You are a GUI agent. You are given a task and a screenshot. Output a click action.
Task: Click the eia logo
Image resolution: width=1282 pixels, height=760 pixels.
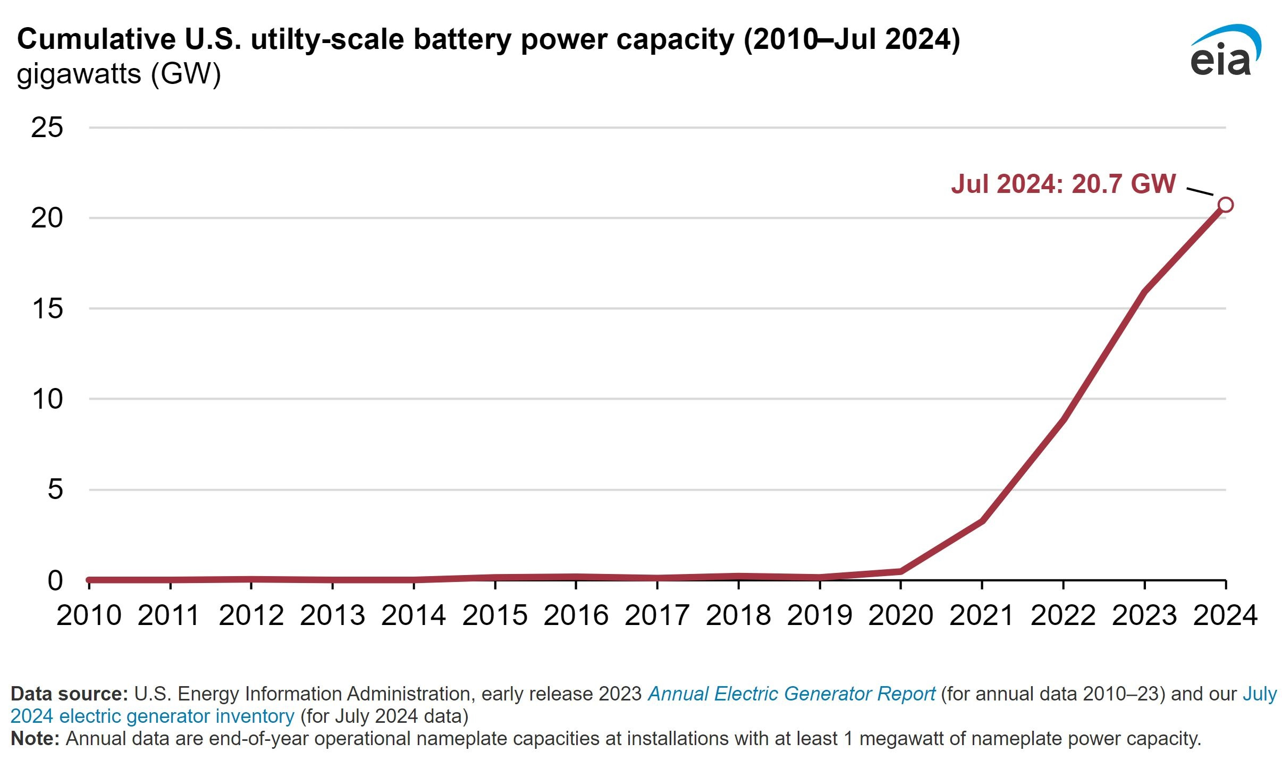pos(1225,50)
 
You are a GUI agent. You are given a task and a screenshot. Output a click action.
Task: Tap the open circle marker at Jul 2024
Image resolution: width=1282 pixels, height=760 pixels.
pos(1225,205)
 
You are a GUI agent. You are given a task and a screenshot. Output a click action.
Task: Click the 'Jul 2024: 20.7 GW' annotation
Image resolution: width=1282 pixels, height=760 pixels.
pos(1063,184)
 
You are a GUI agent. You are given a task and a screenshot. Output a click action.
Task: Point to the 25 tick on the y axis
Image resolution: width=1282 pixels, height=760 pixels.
pos(47,128)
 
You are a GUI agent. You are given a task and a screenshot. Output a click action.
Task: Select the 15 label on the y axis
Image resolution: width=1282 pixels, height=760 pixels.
pos(47,308)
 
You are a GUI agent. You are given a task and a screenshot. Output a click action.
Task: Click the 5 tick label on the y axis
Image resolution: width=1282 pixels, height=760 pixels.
pos(55,489)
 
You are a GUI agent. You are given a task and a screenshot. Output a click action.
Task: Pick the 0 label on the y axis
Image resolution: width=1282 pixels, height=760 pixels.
pos(55,580)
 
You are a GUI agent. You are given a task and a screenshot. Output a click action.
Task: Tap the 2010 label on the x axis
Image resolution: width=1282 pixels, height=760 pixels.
pos(89,615)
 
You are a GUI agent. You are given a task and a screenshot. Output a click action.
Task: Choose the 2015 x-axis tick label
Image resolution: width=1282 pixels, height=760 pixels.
pos(495,615)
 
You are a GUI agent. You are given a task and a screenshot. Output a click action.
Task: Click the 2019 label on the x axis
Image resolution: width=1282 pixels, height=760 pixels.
pos(820,615)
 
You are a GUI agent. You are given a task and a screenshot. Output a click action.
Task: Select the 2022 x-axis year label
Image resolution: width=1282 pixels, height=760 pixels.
pos(1063,615)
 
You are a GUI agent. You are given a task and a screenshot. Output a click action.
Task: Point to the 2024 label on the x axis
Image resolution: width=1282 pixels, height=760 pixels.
pos(1225,615)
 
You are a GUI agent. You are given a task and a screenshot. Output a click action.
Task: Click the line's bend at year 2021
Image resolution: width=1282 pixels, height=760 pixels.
pos(982,521)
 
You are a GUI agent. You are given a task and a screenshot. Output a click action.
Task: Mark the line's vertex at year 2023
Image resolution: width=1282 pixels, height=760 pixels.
pos(1144,291)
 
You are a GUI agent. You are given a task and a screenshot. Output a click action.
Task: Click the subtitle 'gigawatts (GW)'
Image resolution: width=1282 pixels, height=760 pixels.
pos(119,74)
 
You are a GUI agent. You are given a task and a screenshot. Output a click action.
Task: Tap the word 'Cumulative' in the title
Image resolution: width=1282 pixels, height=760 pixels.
pos(97,39)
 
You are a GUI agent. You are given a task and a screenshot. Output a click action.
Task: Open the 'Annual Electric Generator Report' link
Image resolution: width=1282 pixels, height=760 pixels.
pos(791,694)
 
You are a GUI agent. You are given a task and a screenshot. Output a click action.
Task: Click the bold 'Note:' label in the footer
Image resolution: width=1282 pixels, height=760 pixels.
pos(35,738)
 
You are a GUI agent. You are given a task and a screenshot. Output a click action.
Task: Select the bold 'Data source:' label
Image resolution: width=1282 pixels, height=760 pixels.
pos(70,694)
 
